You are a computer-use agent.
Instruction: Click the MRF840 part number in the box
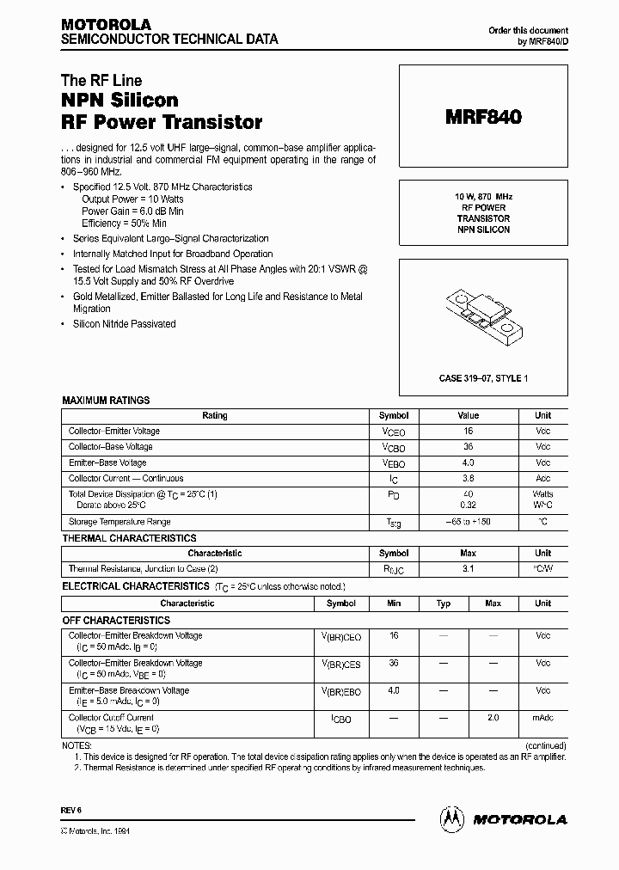point(482,118)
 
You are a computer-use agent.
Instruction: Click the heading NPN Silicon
point(120,101)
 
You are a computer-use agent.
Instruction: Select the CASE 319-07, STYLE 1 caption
point(482,377)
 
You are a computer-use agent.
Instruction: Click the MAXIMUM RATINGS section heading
point(106,401)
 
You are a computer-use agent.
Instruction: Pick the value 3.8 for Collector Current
point(468,478)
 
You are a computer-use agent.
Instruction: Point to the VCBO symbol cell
point(394,447)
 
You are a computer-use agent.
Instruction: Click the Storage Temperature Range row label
point(120,522)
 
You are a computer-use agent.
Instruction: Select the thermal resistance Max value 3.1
point(468,569)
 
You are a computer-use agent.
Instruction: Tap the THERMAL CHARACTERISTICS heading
point(129,538)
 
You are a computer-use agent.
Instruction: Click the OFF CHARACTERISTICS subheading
point(116,620)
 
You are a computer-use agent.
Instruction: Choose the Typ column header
point(444,603)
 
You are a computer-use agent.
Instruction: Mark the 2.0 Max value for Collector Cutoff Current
point(493,718)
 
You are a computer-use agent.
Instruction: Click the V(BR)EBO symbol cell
point(341,691)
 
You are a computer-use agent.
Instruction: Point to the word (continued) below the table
point(544,745)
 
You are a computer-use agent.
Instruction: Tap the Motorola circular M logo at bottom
point(452,820)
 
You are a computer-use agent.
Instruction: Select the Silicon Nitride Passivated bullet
point(124,324)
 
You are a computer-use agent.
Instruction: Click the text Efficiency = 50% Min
point(124,223)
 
